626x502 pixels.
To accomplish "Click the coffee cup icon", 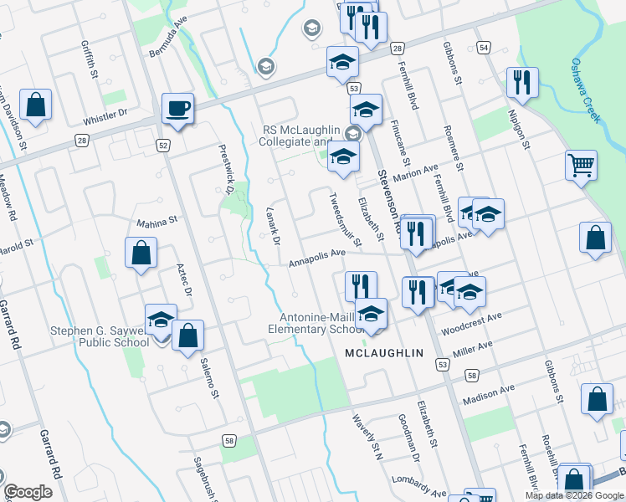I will tap(177, 109).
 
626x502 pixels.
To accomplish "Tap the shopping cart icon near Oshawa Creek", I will tap(580, 164).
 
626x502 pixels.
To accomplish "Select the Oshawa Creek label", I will tap(585, 90).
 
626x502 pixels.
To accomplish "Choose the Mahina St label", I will tap(158, 222).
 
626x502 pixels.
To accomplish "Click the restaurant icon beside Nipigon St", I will tap(521, 82).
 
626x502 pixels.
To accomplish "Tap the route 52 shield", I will tap(162, 146).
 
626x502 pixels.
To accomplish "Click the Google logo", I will tap(28, 492).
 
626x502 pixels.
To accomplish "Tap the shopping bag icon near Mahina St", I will tap(141, 253).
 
